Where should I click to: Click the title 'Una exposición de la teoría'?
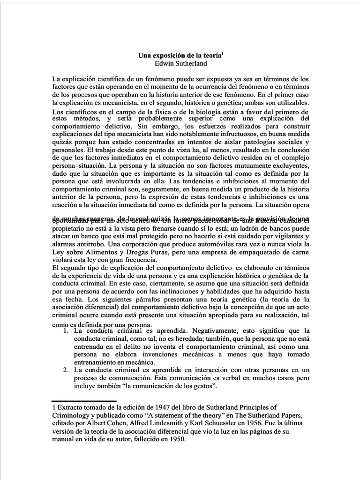pos(180,55)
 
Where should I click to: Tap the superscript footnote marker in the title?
pos(223,53)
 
